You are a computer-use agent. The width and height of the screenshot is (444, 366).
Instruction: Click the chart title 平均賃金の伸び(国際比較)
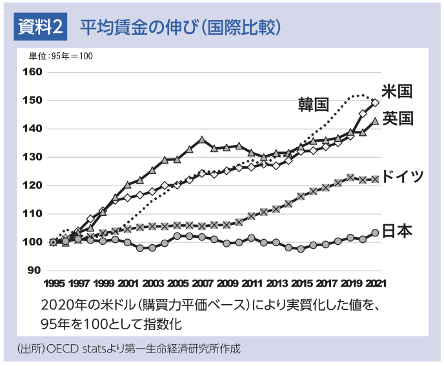(x=180, y=27)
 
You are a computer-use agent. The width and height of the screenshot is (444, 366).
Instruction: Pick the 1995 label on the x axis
(x=55, y=284)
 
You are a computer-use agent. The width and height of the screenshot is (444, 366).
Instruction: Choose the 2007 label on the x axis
(x=203, y=284)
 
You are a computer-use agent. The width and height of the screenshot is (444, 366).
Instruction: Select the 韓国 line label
(x=314, y=104)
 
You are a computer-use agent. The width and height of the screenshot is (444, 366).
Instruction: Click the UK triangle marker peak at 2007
(x=202, y=140)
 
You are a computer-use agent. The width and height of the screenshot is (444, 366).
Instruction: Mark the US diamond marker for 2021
(x=375, y=102)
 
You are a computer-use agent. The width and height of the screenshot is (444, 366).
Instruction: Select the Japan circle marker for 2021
(x=375, y=233)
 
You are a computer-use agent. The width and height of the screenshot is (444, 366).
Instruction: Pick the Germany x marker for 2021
(x=375, y=179)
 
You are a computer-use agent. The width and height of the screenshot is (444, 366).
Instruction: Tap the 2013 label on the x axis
(x=276, y=284)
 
